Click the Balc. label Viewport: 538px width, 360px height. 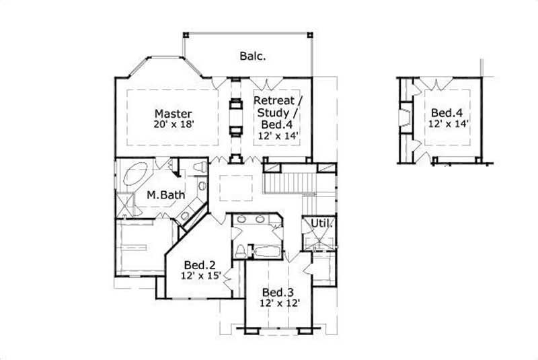click(253, 57)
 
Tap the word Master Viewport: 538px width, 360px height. click(174, 114)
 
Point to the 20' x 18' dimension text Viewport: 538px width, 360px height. click(174, 124)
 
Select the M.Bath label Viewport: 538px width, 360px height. click(166, 196)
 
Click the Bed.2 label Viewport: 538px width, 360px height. click(200, 265)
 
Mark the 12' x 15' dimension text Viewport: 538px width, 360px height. click(200, 276)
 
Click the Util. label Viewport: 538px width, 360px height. click(321, 223)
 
